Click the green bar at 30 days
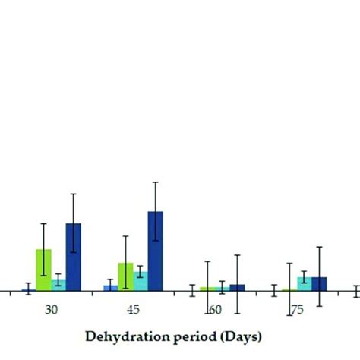pos(44,270)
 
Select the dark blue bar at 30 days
pos(73,257)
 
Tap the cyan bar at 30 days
pos(58,285)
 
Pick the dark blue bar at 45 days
pos(155,251)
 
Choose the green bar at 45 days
pos(125,276)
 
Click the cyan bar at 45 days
pos(141,280)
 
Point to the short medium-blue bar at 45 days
pos(111,288)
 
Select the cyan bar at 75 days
pos(304,283)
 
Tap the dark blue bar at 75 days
pos(319,283)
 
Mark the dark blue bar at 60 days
pos(237,287)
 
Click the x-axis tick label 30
pos(51,310)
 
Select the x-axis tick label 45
pos(133,310)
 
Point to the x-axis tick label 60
pos(216,310)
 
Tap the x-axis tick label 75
pos(297,310)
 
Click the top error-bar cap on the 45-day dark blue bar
pos(155,182)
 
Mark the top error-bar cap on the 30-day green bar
pos(44,224)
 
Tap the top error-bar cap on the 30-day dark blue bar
pos(73,194)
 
